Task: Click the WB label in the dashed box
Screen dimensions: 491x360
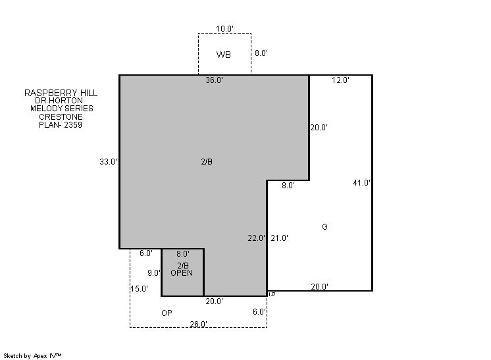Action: click(224, 55)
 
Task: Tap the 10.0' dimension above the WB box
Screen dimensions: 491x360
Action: click(224, 29)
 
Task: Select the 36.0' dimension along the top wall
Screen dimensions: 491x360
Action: click(214, 80)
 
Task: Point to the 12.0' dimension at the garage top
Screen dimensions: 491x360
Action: click(341, 80)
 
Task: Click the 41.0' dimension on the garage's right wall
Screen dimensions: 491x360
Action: click(362, 183)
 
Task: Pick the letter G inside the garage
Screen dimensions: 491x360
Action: click(324, 226)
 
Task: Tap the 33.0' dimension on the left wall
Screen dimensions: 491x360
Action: click(109, 162)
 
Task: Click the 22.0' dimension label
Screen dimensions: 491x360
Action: click(257, 238)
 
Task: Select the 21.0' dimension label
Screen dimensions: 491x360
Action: click(279, 238)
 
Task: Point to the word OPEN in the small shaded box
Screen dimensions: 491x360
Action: click(182, 273)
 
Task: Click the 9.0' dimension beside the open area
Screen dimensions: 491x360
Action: click(154, 273)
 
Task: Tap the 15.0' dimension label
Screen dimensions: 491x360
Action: click(140, 289)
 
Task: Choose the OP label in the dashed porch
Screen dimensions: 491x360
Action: click(167, 313)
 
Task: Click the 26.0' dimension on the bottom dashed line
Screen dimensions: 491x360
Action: click(198, 324)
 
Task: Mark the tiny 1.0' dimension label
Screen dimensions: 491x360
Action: click(272, 294)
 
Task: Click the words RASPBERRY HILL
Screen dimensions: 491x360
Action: click(61, 93)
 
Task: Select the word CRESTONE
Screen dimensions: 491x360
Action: click(61, 117)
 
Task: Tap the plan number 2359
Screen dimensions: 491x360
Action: click(73, 125)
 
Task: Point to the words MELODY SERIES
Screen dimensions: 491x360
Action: click(62, 109)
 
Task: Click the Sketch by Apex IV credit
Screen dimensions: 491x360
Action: click(32, 356)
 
